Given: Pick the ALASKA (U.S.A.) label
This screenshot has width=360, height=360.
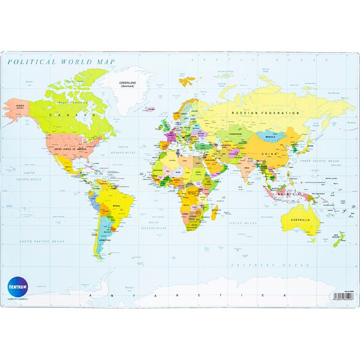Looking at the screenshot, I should click(13, 107).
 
